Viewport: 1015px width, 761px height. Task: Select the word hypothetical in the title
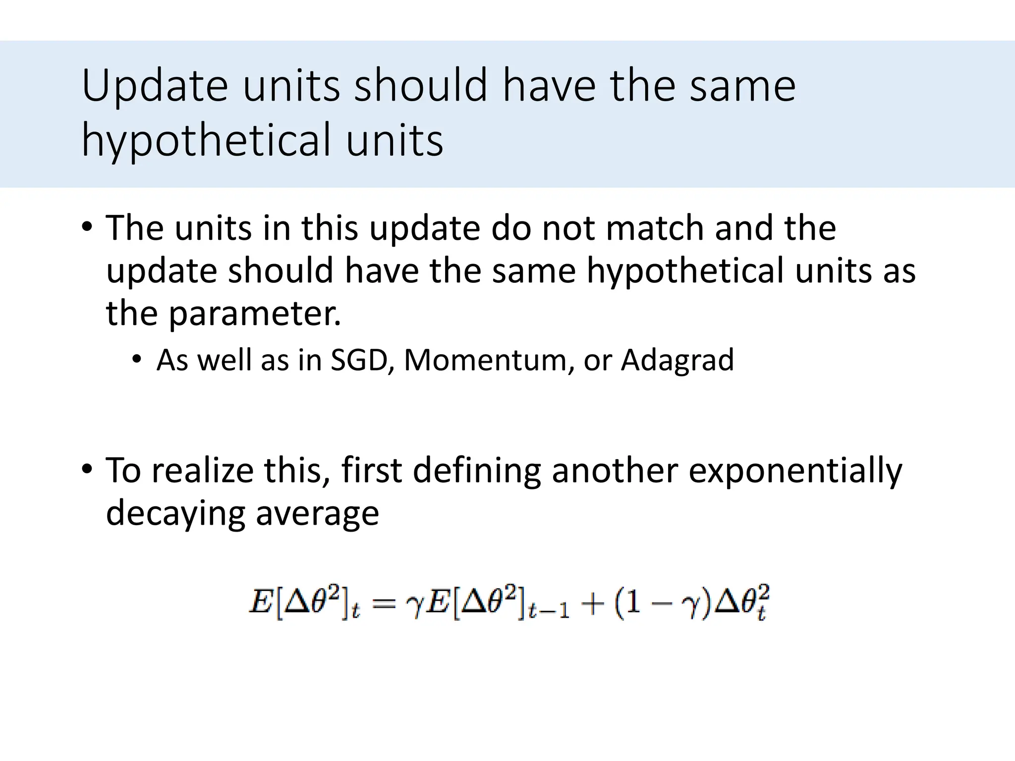[x=206, y=141]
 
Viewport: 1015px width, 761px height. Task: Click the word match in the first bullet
[x=655, y=228]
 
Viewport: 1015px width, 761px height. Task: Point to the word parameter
[x=255, y=314]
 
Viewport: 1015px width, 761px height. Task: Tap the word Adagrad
[x=677, y=361]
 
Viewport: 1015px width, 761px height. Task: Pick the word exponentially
[x=795, y=471]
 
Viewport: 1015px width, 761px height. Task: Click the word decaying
[x=175, y=514]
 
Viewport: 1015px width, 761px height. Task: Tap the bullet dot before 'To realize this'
[x=87, y=468]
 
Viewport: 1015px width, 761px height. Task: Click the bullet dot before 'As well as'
[x=137, y=359]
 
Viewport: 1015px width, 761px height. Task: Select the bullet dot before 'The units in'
[x=87, y=227]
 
